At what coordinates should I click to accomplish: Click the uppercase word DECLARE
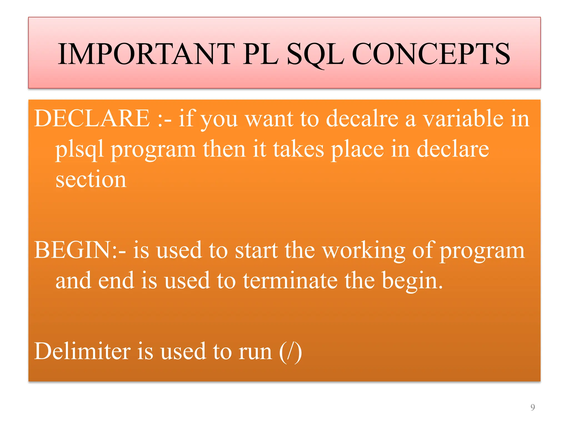(x=92, y=119)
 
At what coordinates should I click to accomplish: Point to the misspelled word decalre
(x=362, y=119)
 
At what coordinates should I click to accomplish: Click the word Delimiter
(x=82, y=351)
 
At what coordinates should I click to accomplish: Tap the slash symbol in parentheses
(x=291, y=352)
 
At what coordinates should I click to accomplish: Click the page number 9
(x=532, y=407)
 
